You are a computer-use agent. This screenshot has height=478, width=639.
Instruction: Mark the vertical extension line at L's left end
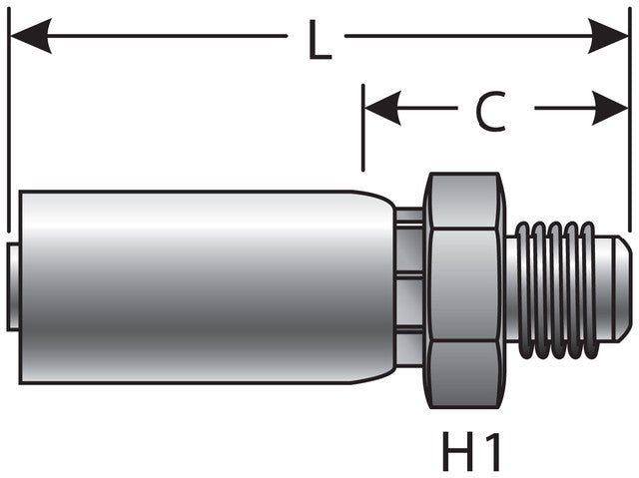pyautogui.click(x=8, y=120)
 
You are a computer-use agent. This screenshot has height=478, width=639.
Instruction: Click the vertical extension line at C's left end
pyautogui.click(x=363, y=130)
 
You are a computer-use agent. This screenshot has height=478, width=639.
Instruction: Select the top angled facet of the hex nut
pyautogui.click(x=461, y=201)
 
